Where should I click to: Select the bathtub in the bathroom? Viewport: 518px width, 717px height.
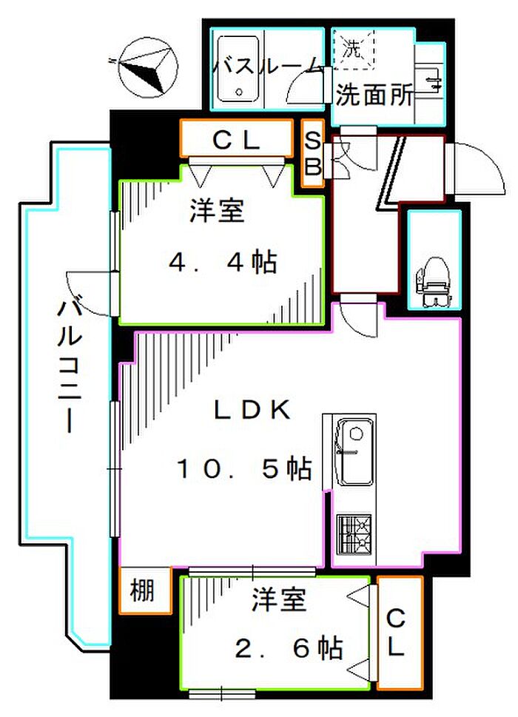point(238,71)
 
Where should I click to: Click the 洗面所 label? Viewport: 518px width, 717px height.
point(374,95)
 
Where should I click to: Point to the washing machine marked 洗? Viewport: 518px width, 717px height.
point(354,49)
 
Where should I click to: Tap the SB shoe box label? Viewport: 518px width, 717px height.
point(313,155)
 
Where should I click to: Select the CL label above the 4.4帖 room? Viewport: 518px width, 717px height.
point(236,140)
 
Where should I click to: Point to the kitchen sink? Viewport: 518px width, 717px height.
point(354,451)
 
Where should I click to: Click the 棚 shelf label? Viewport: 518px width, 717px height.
point(144,591)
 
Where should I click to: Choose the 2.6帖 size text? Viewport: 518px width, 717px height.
point(288,649)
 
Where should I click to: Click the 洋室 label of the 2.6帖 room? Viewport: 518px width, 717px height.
point(278,600)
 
